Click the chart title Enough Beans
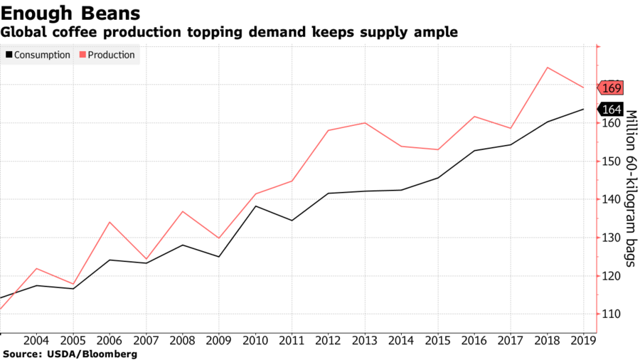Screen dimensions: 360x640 [70, 13]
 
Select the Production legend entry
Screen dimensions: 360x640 [109, 55]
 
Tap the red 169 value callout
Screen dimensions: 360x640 [612, 88]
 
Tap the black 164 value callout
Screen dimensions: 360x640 [612, 110]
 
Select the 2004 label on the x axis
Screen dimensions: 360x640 [36, 340]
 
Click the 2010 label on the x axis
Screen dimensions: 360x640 [255, 340]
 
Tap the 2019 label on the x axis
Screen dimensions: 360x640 [583, 340]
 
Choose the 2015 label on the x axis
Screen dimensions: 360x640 [437, 340]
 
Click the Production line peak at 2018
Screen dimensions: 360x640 [547, 68]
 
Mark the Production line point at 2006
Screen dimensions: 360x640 [110, 222]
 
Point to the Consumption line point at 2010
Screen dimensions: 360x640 [255, 206]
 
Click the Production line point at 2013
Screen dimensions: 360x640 [365, 123]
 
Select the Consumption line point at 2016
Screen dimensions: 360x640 [474, 151]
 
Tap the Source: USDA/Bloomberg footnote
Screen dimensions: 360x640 [69, 354]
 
